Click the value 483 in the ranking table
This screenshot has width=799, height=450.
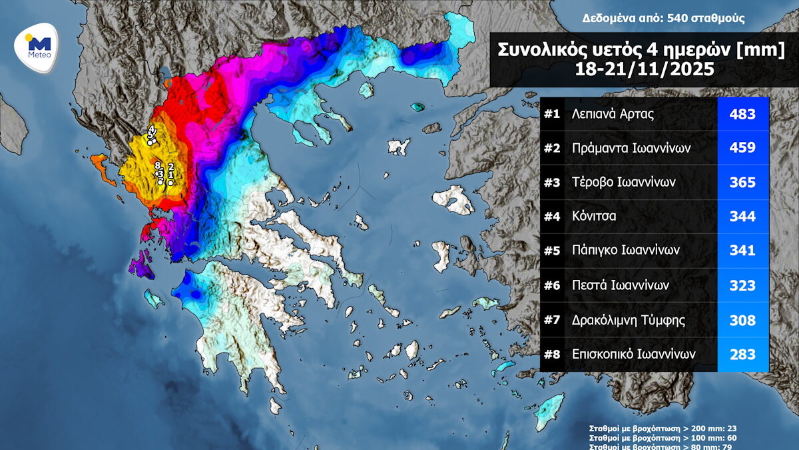coord(742,114)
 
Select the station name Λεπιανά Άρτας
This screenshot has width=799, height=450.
coord(613,114)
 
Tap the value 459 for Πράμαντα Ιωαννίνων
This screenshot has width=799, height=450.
coord(742,148)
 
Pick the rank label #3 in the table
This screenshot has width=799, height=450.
coord(552,182)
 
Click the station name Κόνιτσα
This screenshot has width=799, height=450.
coord(594,216)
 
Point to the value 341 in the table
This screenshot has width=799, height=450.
coord(742,251)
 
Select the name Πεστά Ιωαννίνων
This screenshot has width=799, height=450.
coord(621,285)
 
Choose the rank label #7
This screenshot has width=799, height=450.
coord(552,320)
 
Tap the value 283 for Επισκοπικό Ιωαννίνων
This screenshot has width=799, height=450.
coord(742,354)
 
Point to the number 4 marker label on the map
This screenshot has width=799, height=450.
coord(152,129)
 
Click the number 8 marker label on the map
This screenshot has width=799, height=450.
coord(158,165)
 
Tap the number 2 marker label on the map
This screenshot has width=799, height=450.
coord(171,167)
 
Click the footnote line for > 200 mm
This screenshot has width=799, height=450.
coord(663,428)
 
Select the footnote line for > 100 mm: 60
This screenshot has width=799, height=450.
coord(663,437)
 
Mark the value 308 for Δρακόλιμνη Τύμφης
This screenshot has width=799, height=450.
coord(742,320)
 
